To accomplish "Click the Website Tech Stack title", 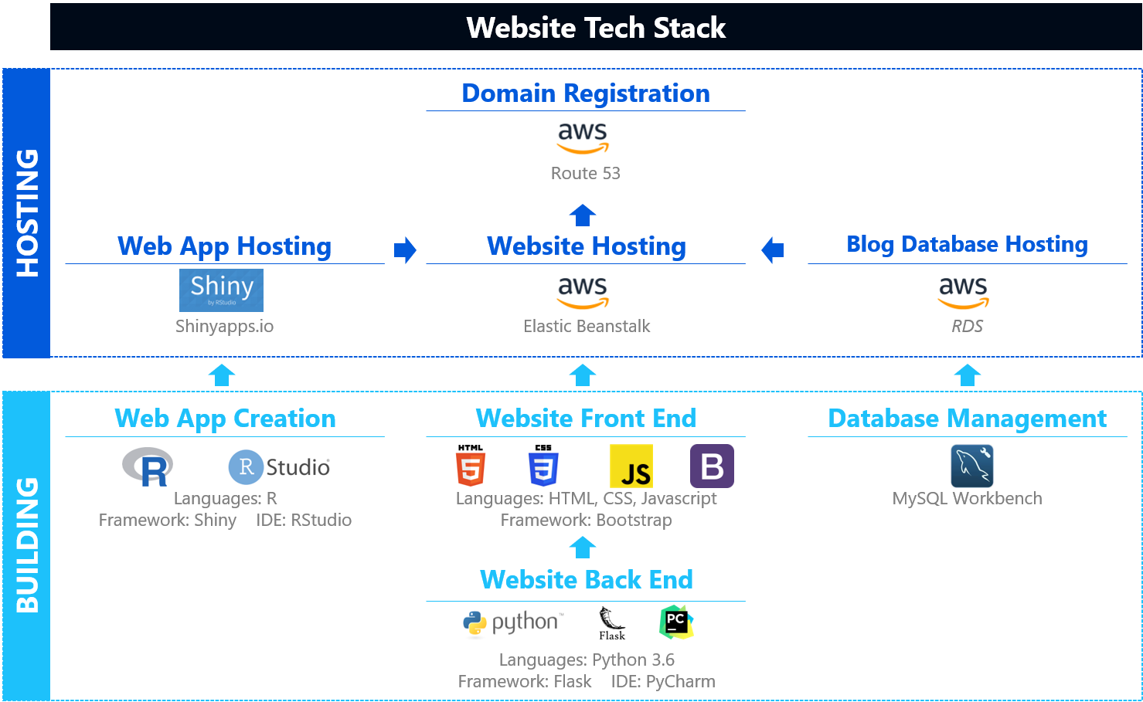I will [x=596, y=28].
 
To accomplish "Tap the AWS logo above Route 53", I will [x=583, y=138].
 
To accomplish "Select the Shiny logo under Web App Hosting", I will [x=222, y=290].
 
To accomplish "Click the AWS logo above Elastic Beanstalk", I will [x=583, y=293].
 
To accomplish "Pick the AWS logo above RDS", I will [x=963, y=293].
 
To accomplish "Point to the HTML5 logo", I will [x=471, y=465].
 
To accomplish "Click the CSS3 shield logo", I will [x=543, y=465].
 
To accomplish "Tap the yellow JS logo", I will [x=631, y=466].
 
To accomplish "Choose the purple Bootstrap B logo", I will [x=712, y=466].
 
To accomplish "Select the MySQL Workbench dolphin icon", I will [x=971, y=466].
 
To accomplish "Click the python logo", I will [x=514, y=625].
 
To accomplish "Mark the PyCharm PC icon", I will [x=676, y=622].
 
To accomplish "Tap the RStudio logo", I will [x=279, y=467].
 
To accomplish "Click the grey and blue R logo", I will [x=148, y=466].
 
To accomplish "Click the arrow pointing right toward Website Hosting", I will [x=405, y=249].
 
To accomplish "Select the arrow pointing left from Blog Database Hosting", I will [x=773, y=249].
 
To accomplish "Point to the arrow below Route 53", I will [x=583, y=215].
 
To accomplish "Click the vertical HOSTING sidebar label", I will [x=27, y=212].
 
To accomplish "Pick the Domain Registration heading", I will [x=586, y=93].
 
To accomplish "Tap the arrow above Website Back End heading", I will [x=583, y=548].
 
